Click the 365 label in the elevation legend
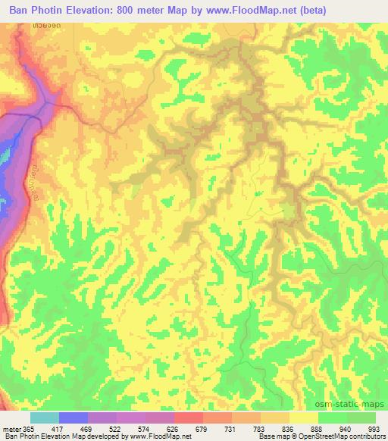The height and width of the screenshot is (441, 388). pyautogui.click(x=30, y=429)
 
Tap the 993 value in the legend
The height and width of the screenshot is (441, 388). pyautogui.click(x=374, y=429)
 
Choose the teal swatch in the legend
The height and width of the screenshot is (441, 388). pyautogui.click(x=45, y=418)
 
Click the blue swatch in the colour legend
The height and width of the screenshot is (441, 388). pyautogui.click(x=74, y=418)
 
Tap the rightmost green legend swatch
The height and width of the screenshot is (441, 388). pyautogui.click(x=361, y=418)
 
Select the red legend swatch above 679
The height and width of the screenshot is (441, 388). pyautogui.click(x=189, y=418)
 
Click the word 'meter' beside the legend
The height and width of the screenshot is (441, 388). pyautogui.click(x=11, y=429)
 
